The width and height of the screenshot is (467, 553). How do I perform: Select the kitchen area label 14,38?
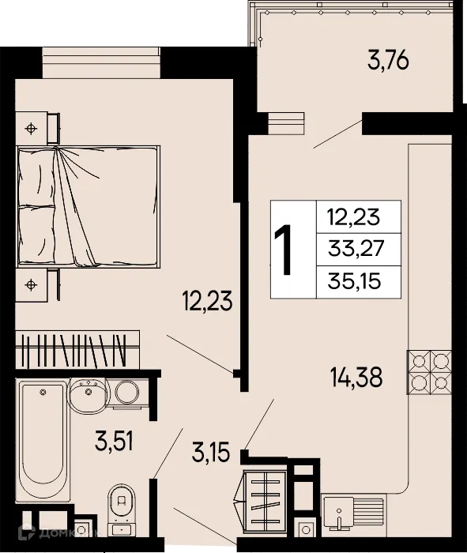coord(356,378)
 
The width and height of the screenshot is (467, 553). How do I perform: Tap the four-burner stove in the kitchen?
coord(429,372)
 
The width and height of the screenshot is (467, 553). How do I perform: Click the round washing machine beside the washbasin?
coord(124,392)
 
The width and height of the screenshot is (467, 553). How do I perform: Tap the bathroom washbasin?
coord(87,393)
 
